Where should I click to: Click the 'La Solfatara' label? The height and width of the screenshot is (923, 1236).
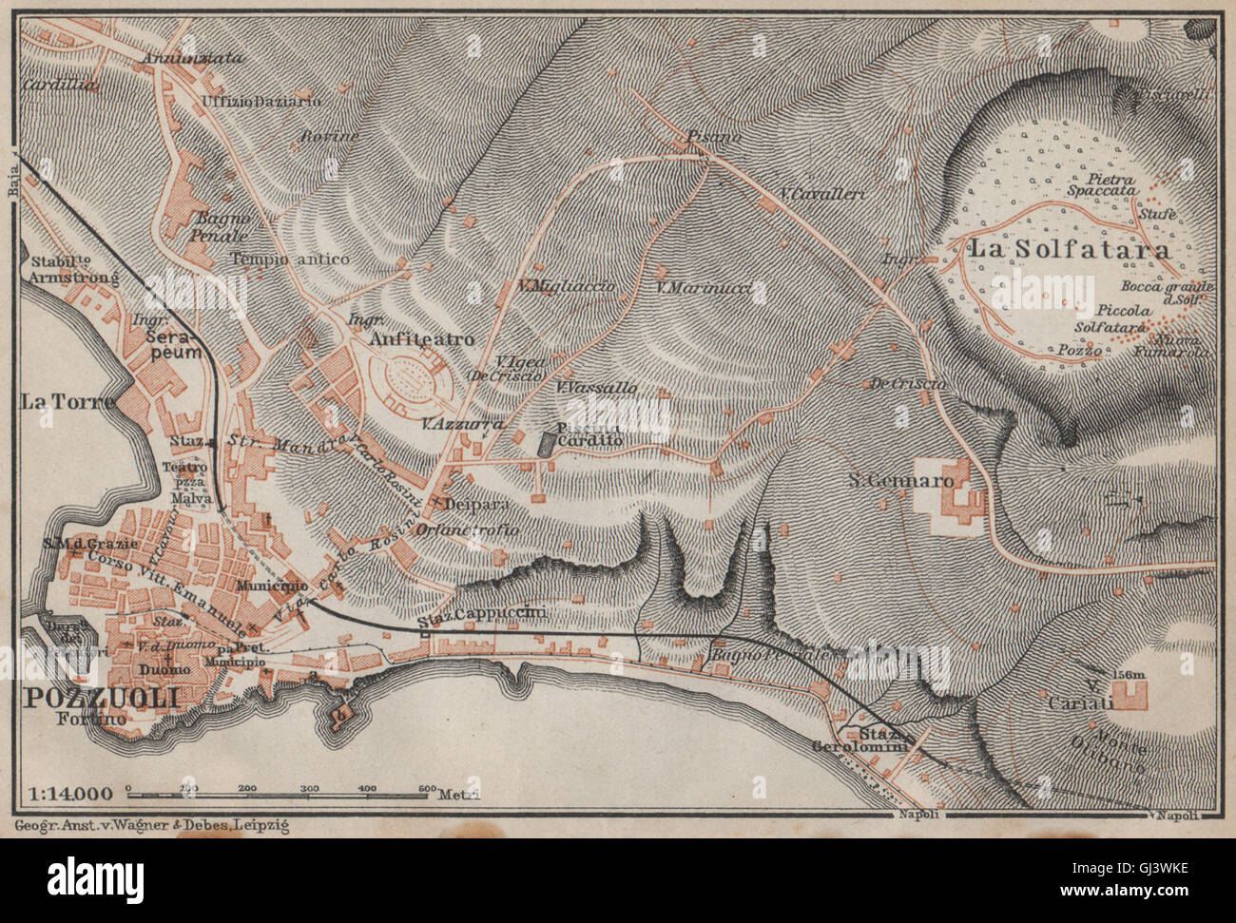[1068, 250]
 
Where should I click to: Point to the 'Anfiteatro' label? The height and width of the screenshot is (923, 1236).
[415, 338]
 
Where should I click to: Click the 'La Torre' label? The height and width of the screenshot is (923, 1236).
[67, 401]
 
